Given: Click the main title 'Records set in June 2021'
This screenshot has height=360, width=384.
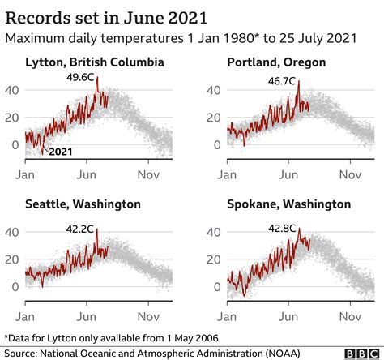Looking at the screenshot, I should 105,16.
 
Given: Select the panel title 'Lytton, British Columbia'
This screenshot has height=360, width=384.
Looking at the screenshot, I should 95,62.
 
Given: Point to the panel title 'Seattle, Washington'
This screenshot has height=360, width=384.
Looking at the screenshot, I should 83,204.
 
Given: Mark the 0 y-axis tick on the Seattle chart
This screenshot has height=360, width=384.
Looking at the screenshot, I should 15,286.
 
